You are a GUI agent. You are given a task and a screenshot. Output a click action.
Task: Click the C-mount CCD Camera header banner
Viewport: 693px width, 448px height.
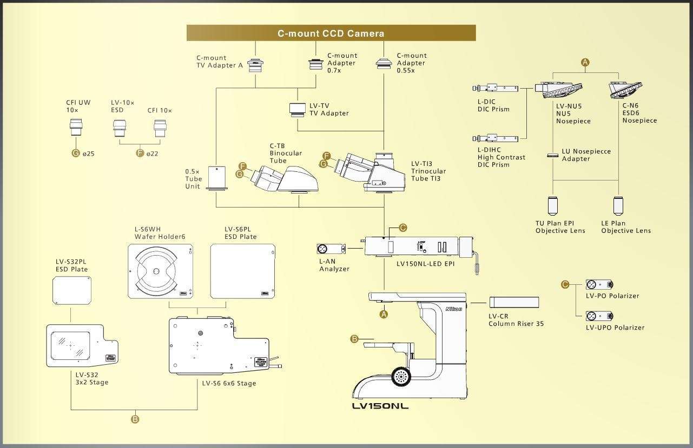[331, 33]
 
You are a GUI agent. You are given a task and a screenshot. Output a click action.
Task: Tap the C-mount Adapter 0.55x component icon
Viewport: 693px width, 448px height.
[384, 63]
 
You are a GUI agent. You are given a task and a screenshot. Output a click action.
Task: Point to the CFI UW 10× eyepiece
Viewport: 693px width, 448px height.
[75, 129]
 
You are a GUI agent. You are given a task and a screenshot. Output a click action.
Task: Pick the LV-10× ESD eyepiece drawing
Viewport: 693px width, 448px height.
[120, 129]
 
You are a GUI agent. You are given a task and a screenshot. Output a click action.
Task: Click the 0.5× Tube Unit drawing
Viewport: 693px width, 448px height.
[216, 178]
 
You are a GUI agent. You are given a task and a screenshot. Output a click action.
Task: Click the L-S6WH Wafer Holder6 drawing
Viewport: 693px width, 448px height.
[161, 271]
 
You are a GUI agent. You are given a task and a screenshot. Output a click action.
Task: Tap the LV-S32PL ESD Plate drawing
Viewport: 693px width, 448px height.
[71, 290]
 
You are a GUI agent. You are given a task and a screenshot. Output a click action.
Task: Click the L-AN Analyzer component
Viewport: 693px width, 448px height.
[331, 249]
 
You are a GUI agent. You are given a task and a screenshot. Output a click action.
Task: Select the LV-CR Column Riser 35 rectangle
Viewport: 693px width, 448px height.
[514, 302]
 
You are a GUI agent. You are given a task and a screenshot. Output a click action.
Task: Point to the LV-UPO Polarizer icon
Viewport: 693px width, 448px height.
[599, 316]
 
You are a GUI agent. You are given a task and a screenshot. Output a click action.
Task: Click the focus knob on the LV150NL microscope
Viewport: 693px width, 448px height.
[400, 377]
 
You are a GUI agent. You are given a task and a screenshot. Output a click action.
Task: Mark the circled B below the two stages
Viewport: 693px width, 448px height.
[135, 419]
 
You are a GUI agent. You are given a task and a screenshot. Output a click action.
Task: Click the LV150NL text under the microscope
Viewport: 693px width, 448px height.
[380, 406]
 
